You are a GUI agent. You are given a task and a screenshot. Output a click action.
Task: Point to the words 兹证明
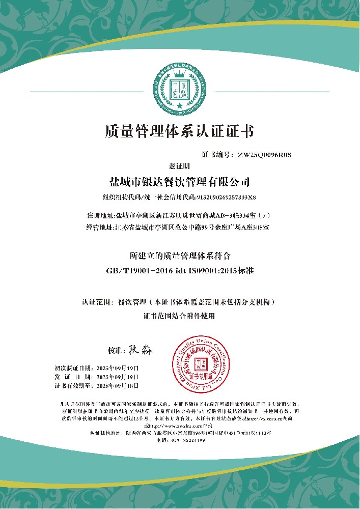(x=179, y=166)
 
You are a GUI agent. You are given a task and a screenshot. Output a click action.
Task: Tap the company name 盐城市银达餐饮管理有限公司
(x=180, y=181)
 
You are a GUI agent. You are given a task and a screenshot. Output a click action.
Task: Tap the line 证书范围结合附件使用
(x=180, y=316)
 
